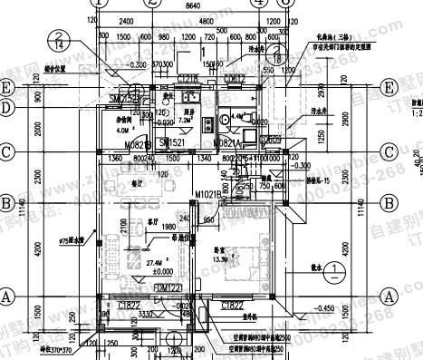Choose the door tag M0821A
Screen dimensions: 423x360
(226, 143)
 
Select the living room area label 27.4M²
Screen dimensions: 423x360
(143, 260)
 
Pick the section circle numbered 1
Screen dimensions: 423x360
(336, 269)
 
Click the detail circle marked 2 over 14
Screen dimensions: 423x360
(58, 39)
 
